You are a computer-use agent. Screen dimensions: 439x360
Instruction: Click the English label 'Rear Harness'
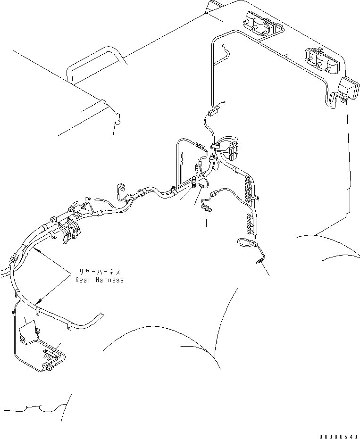pyautogui.click(x=100, y=280)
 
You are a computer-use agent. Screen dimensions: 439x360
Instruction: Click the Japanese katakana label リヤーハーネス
pyautogui.click(x=100, y=272)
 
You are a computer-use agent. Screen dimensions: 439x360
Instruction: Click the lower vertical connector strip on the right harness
pyautogui.click(x=251, y=223)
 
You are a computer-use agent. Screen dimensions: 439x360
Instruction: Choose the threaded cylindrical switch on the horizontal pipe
pyautogui.click(x=193, y=181)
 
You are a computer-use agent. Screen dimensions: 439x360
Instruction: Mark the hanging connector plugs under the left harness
pyautogui.click(x=71, y=232)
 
